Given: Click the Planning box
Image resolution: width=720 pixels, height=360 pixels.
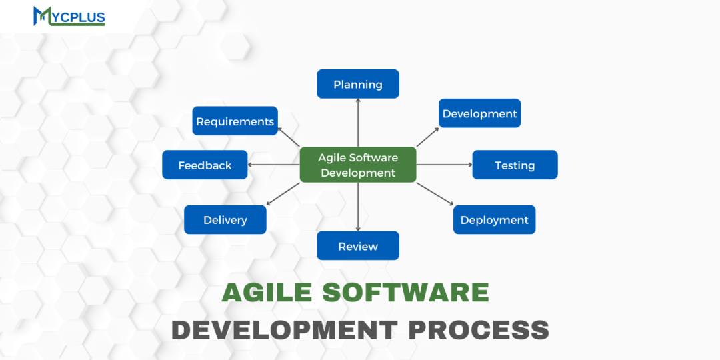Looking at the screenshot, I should [x=358, y=84].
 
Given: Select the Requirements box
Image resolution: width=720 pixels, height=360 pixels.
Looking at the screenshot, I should [x=235, y=121].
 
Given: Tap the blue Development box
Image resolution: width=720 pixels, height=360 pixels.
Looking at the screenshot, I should [x=479, y=113].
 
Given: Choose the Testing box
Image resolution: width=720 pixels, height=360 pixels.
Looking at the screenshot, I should [x=515, y=165].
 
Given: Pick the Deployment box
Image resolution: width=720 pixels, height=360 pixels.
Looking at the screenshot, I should [x=494, y=220].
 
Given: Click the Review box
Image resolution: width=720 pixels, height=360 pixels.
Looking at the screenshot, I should [x=358, y=246].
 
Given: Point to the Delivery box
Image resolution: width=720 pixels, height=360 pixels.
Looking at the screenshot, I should [x=225, y=220].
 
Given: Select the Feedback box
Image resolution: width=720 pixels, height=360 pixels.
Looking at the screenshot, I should [x=205, y=165].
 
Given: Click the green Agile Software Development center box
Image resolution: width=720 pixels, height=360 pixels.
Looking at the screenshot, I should [x=358, y=165].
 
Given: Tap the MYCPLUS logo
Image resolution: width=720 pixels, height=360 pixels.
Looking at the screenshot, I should [x=69, y=15].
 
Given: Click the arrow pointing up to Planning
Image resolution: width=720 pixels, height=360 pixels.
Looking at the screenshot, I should [x=358, y=123].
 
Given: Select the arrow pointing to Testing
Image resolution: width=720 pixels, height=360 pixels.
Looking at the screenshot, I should [x=444, y=165].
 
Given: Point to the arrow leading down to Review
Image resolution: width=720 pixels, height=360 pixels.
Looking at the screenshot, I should [x=358, y=207].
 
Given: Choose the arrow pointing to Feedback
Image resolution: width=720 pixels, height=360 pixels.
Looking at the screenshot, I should [x=273, y=165].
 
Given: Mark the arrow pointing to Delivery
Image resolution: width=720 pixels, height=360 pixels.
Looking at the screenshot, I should [x=283, y=194].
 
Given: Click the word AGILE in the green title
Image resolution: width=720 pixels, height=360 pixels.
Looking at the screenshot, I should [x=265, y=293].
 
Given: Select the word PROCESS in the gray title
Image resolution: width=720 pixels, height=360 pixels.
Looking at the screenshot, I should [x=479, y=330].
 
